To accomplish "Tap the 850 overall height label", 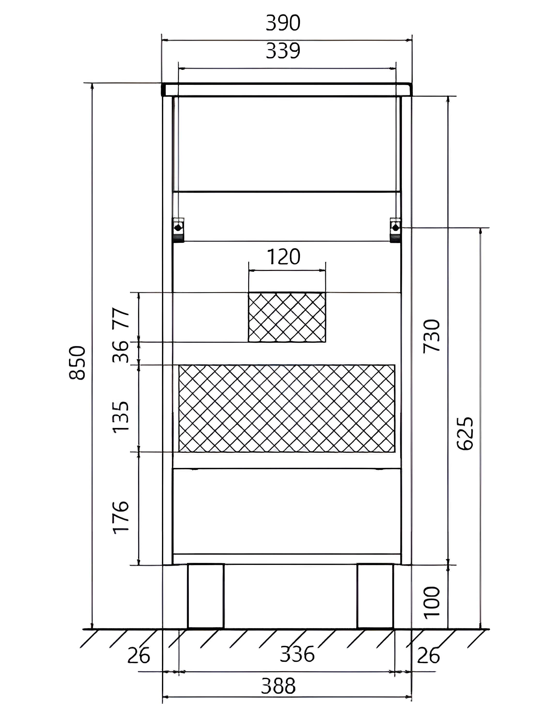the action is [x=78, y=362].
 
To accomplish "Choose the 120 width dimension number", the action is [x=284, y=257].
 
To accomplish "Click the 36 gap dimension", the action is [x=121, y=352].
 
